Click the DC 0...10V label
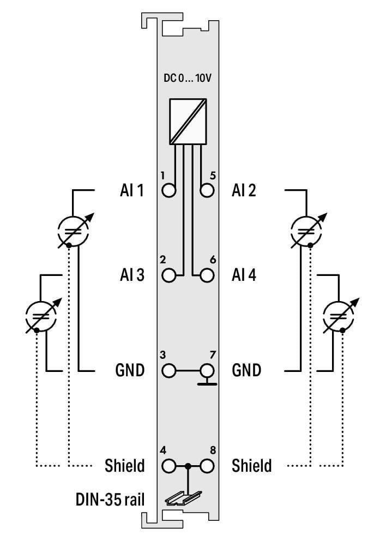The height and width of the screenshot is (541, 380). [188, 78]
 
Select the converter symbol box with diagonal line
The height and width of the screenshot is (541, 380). [188, 121]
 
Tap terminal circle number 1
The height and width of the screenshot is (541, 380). [169, 191]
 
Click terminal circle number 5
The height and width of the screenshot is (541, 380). [207, 191]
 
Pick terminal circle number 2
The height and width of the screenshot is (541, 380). [169, 275]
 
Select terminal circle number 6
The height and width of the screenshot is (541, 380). [207, 275]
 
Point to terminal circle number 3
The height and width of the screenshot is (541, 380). [169, 371]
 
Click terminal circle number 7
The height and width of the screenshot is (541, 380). [207, 371]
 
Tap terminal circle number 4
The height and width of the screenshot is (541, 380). [169, 466]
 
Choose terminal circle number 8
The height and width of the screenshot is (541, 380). [207, 466]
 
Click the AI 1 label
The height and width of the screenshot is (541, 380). [131, 191]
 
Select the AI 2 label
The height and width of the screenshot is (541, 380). [244, 191]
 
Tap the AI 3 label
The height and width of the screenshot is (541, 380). [131, 275]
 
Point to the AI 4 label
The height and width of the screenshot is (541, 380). [244, 275]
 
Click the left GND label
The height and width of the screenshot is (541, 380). [130, 371]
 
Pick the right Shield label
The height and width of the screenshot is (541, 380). [251, 466]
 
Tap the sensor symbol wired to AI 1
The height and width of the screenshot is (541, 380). [73, 231]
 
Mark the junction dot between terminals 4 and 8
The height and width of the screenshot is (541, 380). [188, 466]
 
